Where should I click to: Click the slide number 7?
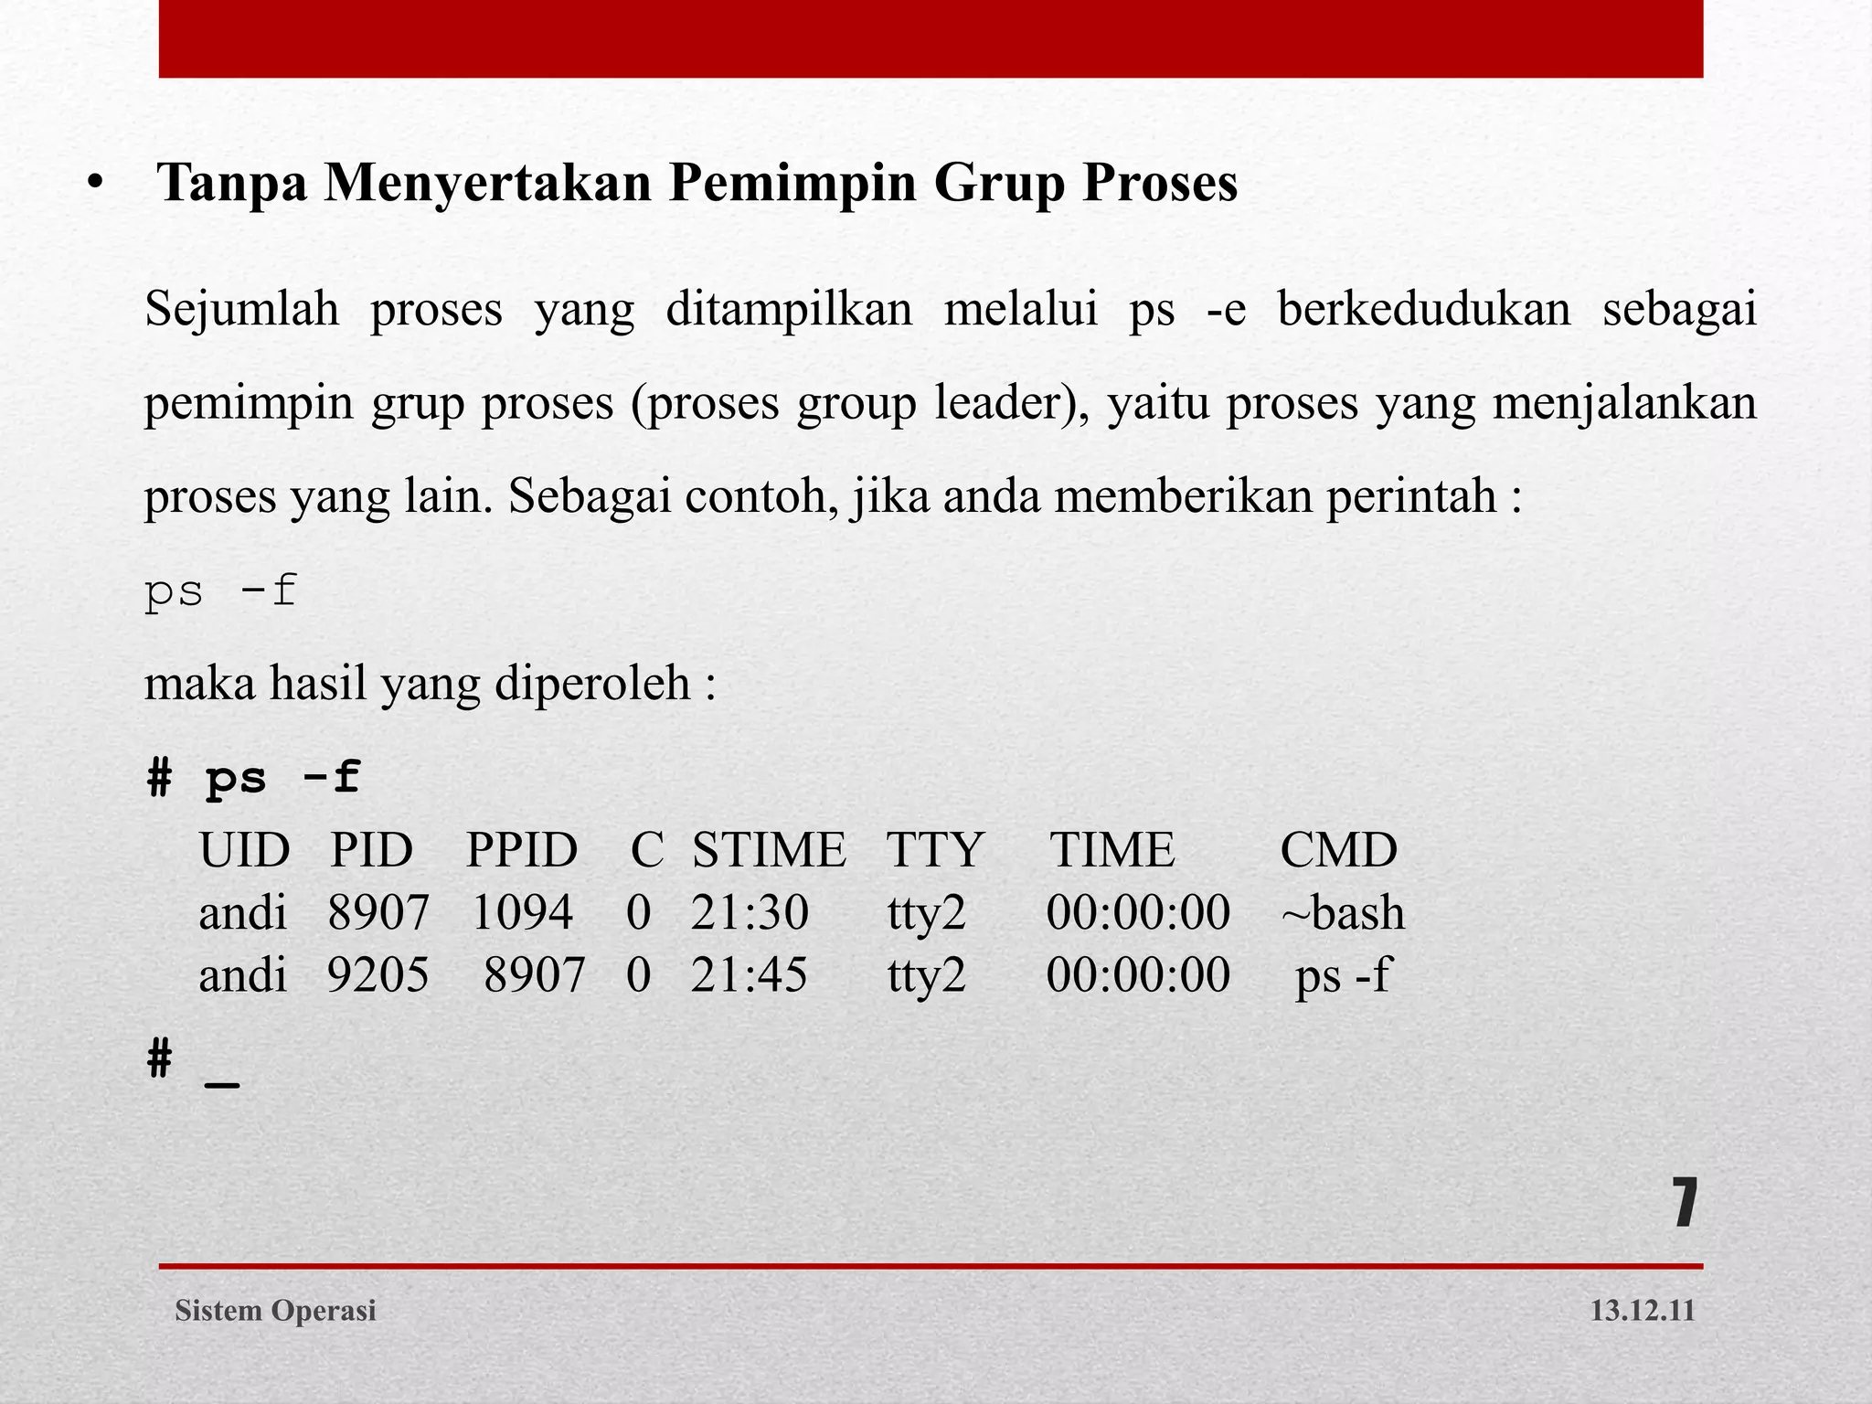click(1685, 1204)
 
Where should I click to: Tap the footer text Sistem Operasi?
click(275, 1311)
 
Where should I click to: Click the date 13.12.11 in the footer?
click(1642, 1311)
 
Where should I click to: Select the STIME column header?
click(769, 850)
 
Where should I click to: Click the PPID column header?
click(522, 850)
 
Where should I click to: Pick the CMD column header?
click(1338, 850)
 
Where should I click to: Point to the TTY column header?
click(934, 850)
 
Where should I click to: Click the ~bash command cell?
click(1343, 913)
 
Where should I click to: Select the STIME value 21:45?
click(749, 975)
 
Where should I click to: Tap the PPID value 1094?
click(522, 913)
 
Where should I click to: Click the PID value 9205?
click(378, 975)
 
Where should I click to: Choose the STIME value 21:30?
click(750, 913)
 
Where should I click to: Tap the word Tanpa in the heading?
click(232, 183)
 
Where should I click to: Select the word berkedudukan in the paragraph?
click(1423, 309)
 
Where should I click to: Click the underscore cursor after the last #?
click(222, 1084)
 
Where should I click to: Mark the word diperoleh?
click(592, 684)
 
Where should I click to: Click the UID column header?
click(244, 850)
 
